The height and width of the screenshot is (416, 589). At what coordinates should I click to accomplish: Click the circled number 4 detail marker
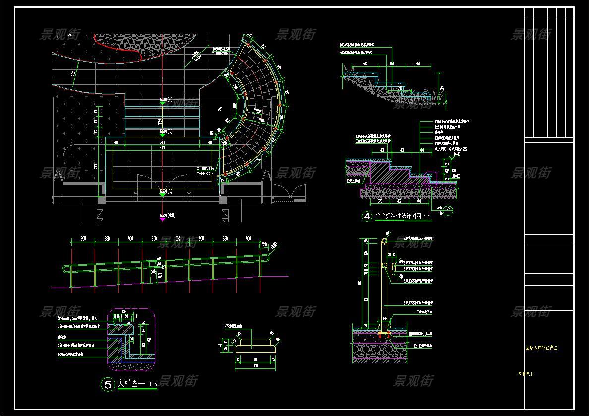pos(367,216)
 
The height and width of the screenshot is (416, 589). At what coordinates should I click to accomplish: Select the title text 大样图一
pos(131,384)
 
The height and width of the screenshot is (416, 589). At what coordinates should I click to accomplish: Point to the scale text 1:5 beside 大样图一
pos(153,384)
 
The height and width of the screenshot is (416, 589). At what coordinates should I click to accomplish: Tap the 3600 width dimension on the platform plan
pos(162,143)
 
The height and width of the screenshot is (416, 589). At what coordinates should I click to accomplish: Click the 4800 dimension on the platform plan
pos(162,148)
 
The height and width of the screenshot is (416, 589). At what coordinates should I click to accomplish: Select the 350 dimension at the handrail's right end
pos(264,243)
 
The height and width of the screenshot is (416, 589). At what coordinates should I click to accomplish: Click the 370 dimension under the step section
pos(380,202)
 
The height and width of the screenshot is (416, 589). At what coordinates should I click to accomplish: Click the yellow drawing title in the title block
pos(541,348)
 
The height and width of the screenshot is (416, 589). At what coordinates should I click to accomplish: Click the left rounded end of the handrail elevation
pos(66,269)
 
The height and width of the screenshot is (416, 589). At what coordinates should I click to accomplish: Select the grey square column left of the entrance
pos(102,200)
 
